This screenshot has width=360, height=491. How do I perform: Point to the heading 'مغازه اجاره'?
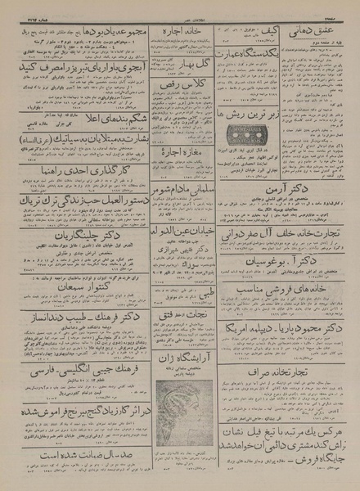tap(182, 176)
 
